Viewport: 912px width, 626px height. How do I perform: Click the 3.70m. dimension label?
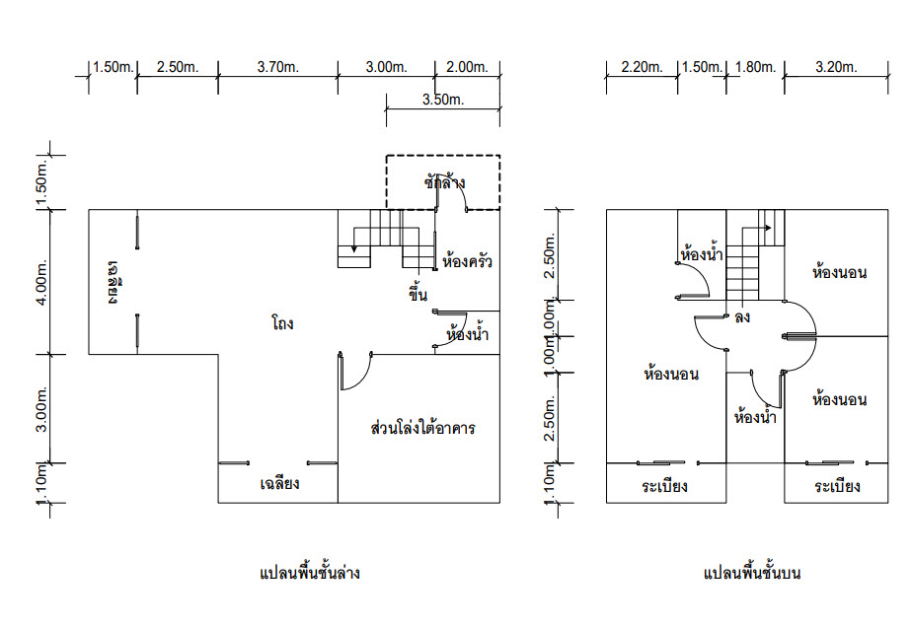coord(278,67)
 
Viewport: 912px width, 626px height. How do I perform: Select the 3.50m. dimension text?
coord(443,100)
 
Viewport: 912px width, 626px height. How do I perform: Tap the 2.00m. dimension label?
coord(467,67)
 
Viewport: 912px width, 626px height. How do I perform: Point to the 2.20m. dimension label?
coord(642,67)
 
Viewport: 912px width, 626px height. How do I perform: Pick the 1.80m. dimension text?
coord(755,67)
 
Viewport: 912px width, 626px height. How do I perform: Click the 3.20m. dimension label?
coord(836,67)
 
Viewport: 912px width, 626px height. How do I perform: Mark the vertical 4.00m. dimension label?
coord(41,282)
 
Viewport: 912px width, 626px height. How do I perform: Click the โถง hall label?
coord(282,323)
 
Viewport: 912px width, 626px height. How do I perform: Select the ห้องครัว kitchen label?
coord(467,260)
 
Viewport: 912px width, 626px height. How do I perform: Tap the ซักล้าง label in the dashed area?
coord(444,182)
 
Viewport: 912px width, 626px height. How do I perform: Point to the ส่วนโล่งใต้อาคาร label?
coord(422,428)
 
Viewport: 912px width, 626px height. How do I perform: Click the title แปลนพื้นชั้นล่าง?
coord(310,573)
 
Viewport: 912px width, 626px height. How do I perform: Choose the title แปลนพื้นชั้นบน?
coord(751,573)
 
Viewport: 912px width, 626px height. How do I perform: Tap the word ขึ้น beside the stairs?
coord(418,293)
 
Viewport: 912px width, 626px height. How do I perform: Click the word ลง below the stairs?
coord(742,317)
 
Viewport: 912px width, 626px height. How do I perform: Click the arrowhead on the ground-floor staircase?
coord(353,249)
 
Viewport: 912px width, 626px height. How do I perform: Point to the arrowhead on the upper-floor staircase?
coord(768,228)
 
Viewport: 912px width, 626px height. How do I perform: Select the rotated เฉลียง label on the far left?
coord(113,282)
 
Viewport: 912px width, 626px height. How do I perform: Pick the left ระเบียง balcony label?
coord(665,486)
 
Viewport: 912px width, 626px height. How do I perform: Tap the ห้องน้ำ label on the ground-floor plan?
coord(467,333)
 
